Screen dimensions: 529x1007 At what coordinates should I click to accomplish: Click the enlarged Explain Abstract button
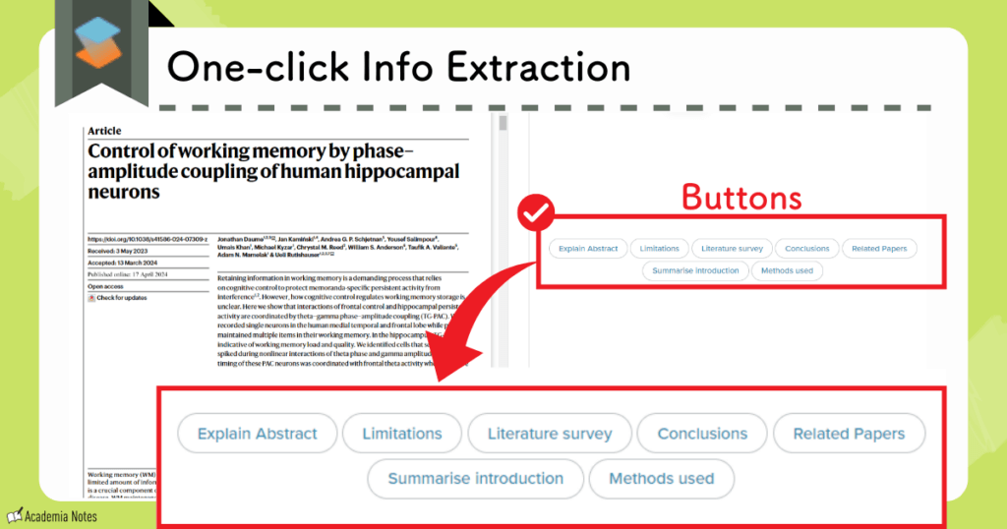coord(258,434)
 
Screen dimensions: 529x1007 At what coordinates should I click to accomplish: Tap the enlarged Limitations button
coord(402,434)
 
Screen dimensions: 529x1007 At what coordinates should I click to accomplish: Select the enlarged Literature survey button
coord(550,434)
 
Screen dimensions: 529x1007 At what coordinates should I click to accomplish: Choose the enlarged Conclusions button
coord(702,434)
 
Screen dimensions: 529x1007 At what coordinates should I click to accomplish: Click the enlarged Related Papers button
coord(848,434)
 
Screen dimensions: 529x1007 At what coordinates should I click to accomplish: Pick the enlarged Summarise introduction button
coord(475,479)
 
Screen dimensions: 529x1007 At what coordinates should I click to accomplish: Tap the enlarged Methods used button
coord(662,479)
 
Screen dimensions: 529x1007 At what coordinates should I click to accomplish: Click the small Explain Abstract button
coord(588,249)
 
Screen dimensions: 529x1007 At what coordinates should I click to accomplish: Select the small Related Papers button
coord(879,249)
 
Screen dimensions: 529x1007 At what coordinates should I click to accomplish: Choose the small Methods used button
coord(786,270)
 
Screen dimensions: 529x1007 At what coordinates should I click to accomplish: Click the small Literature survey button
coord(730,249)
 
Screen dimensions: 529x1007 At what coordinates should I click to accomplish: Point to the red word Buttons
coord(741,198)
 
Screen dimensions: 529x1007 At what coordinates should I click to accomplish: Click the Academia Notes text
coord(61,515)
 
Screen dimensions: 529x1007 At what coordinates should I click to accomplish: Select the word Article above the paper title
coord(105,131)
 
